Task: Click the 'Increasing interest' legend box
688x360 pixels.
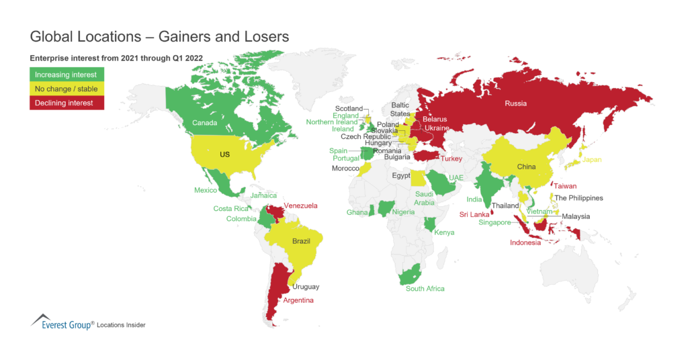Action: pos(67,75)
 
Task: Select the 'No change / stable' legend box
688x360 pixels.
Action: pos(67,89)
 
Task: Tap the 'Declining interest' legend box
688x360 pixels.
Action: pos(67,103)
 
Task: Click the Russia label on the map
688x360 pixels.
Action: pos(516,103)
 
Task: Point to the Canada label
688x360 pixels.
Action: pos(204,123)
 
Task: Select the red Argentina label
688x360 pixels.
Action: pos(298,300)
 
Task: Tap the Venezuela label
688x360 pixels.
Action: pos(300,206)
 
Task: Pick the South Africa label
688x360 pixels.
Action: pos(425,289)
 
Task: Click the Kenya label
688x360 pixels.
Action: pos(444,232)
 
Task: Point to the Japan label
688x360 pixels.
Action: pos(592,160)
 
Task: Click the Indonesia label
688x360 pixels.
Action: pos(525,242)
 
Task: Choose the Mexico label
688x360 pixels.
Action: pos(206,190)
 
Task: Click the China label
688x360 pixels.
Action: pos(526,166)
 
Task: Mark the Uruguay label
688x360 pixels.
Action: pos(306,287)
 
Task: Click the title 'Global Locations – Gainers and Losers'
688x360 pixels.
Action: pos(160,36)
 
